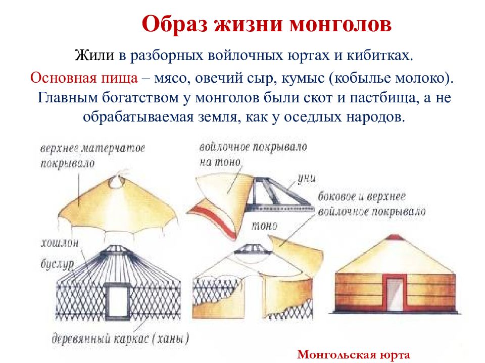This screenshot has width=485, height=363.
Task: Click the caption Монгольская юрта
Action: click(353, 354)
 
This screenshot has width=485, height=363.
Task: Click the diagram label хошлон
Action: click(59, 244)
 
